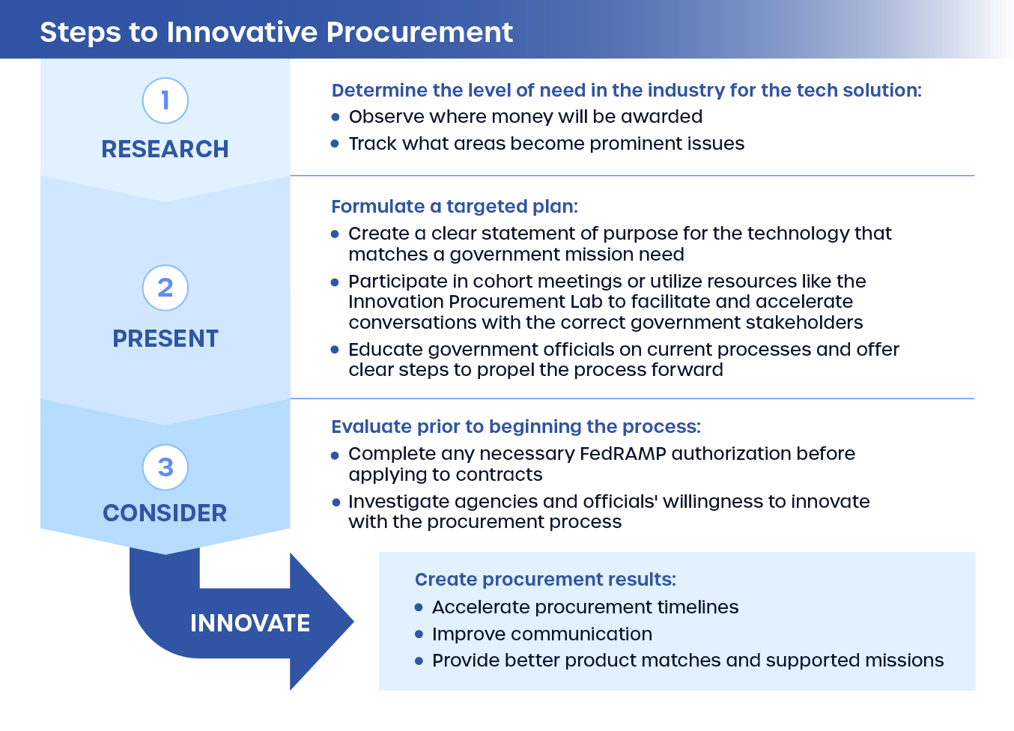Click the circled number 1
click(x=165, y=100)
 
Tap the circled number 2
click(x=165, y=288)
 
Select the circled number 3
click(x=165, y=467)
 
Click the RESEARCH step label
click(x=165, y=149)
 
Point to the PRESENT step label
click(x=165, y=339)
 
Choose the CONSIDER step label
click(x=165, y=513)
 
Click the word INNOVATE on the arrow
click(x=250, y=623)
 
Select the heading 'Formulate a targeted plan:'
click(x=455, y=207)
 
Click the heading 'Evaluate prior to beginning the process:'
click(x=516, y=427)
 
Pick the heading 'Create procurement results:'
click(x=545, y=580)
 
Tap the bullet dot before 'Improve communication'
click(x=419, y=634)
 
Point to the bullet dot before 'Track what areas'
click(x=336, y=144)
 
